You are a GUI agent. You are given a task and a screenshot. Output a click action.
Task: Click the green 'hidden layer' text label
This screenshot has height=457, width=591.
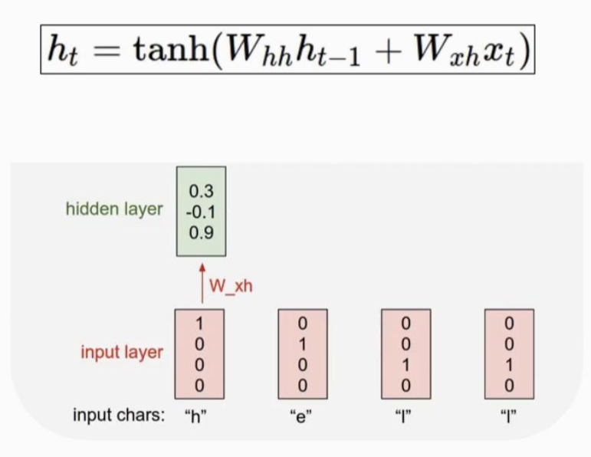click(114, 209)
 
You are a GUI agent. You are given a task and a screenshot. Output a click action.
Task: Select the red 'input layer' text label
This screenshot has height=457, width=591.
click(122, 352)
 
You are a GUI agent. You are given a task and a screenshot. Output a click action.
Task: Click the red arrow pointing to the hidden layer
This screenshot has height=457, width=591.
click(202, 284)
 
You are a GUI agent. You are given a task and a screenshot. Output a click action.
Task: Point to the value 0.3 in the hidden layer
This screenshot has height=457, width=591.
click(201, 192)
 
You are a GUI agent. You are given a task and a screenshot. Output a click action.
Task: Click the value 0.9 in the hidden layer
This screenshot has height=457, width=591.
click(201, 233)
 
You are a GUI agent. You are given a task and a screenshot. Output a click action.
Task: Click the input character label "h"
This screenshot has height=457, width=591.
click(199, 418)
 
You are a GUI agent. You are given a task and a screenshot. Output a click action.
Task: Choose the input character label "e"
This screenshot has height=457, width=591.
click(302, 418)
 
